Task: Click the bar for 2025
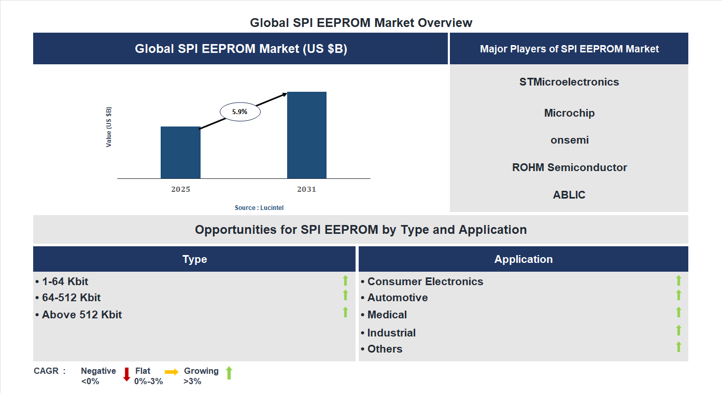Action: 180,152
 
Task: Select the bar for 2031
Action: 307,135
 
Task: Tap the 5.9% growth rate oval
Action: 240,111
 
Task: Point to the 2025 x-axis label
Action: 180,189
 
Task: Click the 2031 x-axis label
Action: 306,189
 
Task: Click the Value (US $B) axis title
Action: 109,127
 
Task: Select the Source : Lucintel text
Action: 259,207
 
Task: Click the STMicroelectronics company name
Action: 569,82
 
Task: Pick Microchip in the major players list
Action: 569,113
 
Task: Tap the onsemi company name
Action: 569,140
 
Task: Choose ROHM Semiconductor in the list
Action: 569,167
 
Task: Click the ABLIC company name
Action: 569,195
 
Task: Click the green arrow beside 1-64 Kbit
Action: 345,280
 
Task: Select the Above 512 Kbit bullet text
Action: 82,315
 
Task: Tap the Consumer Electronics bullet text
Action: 425,282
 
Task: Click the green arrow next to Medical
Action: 678,312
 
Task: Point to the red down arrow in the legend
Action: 126,374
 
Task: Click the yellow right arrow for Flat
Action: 172,372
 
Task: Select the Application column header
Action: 523,259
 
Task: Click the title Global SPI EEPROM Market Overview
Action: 361,23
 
